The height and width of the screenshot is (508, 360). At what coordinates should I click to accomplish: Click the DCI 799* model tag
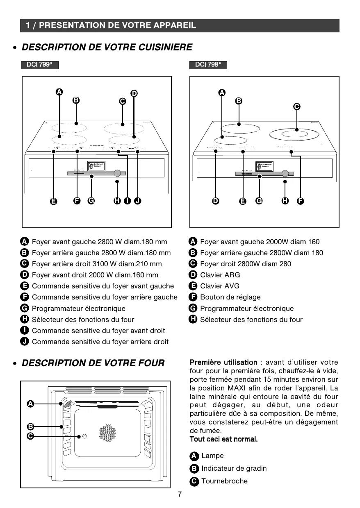pyautogui.click(x=40, y=65)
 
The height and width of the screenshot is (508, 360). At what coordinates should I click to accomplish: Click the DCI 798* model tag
pyautogui.click(x=208, y=65)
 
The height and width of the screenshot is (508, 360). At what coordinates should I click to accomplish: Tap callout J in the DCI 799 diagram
pyautogui.click(x=138, y=201)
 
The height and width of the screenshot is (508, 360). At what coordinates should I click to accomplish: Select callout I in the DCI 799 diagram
pyautogui.click(x=128, y=201)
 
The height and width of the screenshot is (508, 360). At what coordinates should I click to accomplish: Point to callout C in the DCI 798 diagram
pyautogui.click(x=296, y=107)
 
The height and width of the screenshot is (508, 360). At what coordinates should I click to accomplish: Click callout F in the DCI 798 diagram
pyautogui.click(x=301, y=201)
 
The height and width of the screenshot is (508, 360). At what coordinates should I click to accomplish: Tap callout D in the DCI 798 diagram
pyautogui.click(x=216, y=201)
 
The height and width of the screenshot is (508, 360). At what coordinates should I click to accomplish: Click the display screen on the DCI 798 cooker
pyautogui.click(x=264, y=166)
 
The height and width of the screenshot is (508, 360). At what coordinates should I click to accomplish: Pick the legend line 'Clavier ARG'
pyautogui.click(x=220, y=275)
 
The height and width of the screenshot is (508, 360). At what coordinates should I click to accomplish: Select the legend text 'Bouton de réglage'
pyautogui.click(x=230, y=297)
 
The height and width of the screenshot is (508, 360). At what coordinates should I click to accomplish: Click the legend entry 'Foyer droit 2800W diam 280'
pyautogui.click(x=245, y=264)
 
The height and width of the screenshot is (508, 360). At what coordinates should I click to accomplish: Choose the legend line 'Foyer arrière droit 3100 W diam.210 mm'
pyautogui.click(x=97, y=264)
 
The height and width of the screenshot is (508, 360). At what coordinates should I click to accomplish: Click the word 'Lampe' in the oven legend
pyautogui.click(x=212, y=456)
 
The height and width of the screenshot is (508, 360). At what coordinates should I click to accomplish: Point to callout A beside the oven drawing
pyautogui.click(x=30, y=404)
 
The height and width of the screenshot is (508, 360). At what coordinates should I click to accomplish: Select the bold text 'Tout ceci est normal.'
pyautogui.click(x=223, y=439)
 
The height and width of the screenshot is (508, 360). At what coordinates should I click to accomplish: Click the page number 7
pyautogui.click(x=180, y=494)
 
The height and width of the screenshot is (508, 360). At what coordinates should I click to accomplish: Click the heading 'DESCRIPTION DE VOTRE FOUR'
pyautogui.click(x=93, y=363)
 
